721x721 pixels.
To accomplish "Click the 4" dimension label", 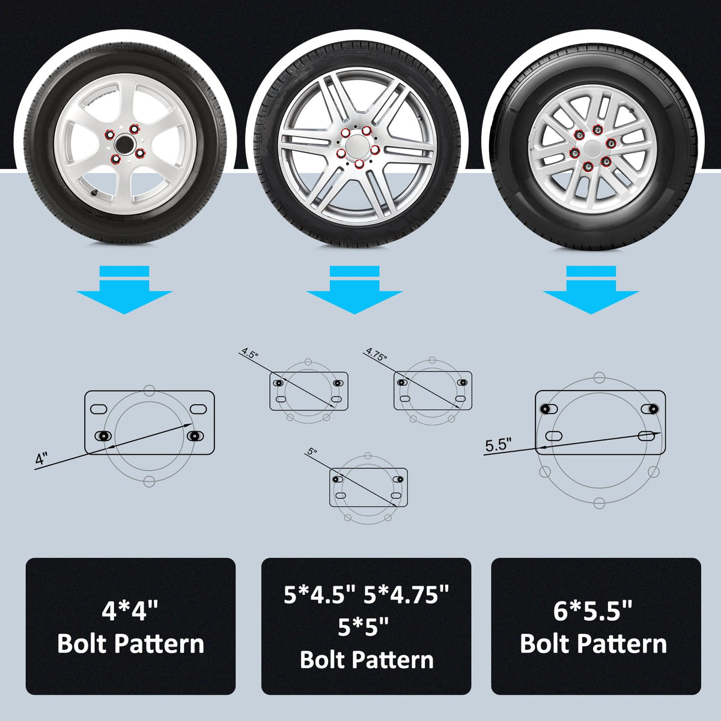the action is pos(41,458).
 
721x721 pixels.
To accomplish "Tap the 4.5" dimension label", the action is pos(250,353).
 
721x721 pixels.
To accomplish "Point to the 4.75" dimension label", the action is pos(376,354).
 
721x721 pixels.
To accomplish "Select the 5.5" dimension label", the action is pos(498,445).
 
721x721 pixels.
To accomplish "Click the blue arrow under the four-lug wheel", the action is pos(124,290).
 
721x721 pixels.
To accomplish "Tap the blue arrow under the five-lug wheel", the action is pos(354,290).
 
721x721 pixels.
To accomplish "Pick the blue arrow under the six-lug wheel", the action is pos(591,290).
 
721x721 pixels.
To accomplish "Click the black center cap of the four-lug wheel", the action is pos(124,143).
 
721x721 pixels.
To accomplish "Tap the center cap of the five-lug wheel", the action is pos(356,146).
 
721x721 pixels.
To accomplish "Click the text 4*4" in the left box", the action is pos(130,611).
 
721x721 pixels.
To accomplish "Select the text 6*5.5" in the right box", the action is pos(592,611).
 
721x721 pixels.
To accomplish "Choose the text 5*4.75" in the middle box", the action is pos(406,595).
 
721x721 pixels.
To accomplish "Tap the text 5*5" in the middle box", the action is pos(364,627).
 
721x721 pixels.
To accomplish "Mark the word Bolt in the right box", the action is pos(540,643).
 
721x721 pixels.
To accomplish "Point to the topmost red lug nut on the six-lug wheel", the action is pos(597,130).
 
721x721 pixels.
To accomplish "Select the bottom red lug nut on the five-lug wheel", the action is pos(359,164).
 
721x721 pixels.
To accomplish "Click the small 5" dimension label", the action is pos(312,452).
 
